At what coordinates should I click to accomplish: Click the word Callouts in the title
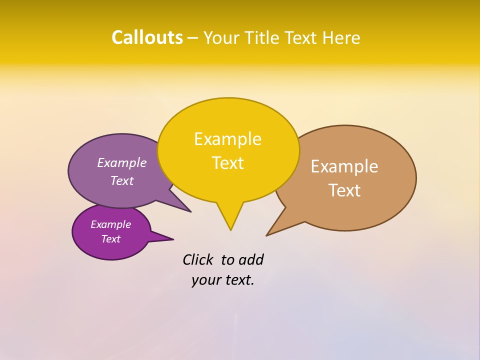tap(147, 37)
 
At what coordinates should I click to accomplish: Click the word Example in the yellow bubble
tap(227, 139)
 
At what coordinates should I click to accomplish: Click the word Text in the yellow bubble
tap(227, 163)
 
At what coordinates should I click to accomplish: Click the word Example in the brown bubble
tap(344, 166)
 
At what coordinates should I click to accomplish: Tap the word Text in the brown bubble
tap(344, 190)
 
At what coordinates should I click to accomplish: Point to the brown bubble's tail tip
tap(267, 235)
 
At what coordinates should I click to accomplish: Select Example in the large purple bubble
tap(121, 162)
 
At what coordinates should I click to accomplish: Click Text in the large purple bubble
tap(121, 180)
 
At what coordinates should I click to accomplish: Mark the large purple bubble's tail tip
tap(190, 212)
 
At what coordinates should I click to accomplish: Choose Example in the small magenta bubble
tap(110, 224)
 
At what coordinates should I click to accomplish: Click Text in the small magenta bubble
tap(110, 239)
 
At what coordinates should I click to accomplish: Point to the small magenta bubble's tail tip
tap(173, 239)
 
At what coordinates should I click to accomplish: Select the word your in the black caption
tap(206, 280)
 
